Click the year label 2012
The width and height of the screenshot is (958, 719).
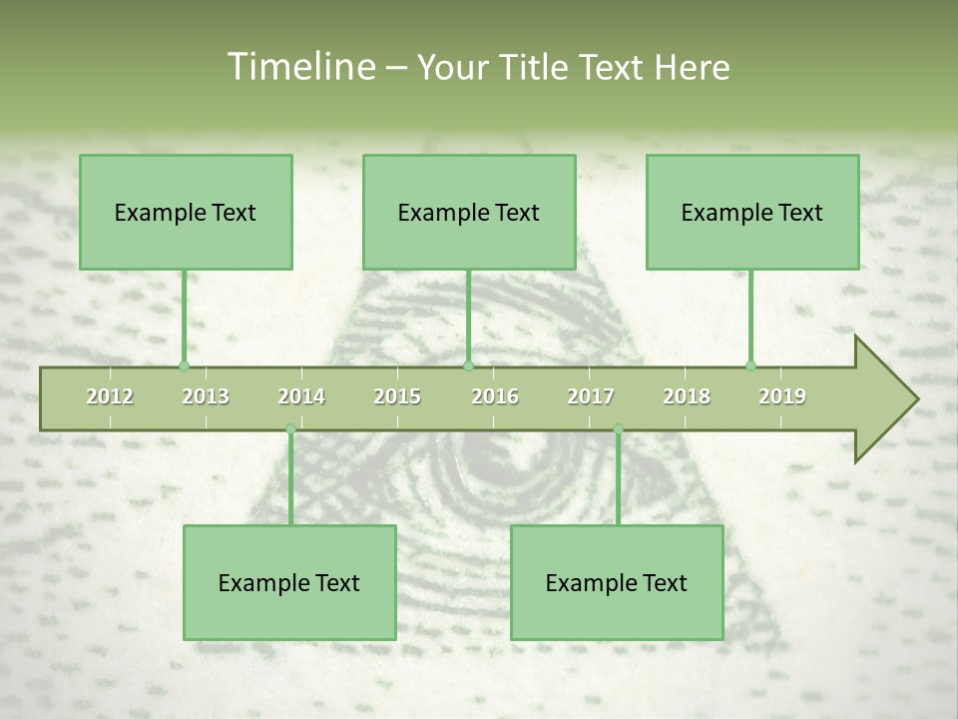[110, 396]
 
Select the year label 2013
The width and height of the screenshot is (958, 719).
[206, 396]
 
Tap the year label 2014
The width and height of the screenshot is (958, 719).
[301, 396]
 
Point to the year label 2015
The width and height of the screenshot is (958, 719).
[397, 396]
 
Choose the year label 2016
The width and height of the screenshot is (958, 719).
[495, 396]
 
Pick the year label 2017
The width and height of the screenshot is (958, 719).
[591, 396]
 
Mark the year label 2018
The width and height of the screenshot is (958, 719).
[687, 396]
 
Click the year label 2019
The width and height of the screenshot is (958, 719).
[782, 396]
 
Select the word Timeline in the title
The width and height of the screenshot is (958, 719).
[299, 67]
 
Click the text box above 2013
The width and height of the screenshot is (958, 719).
[186, 212]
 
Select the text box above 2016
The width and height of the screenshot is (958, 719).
[469, 212]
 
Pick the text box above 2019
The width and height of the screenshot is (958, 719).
[752, 212]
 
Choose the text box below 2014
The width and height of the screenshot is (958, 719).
[289, 582]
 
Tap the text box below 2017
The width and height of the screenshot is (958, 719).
[617, 582]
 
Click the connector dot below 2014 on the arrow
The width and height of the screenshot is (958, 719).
[290, 429]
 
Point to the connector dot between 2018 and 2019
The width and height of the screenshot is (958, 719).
[750, 365]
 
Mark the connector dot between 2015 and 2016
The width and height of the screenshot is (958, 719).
[468, 365]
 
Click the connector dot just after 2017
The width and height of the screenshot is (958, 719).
[618, 429]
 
